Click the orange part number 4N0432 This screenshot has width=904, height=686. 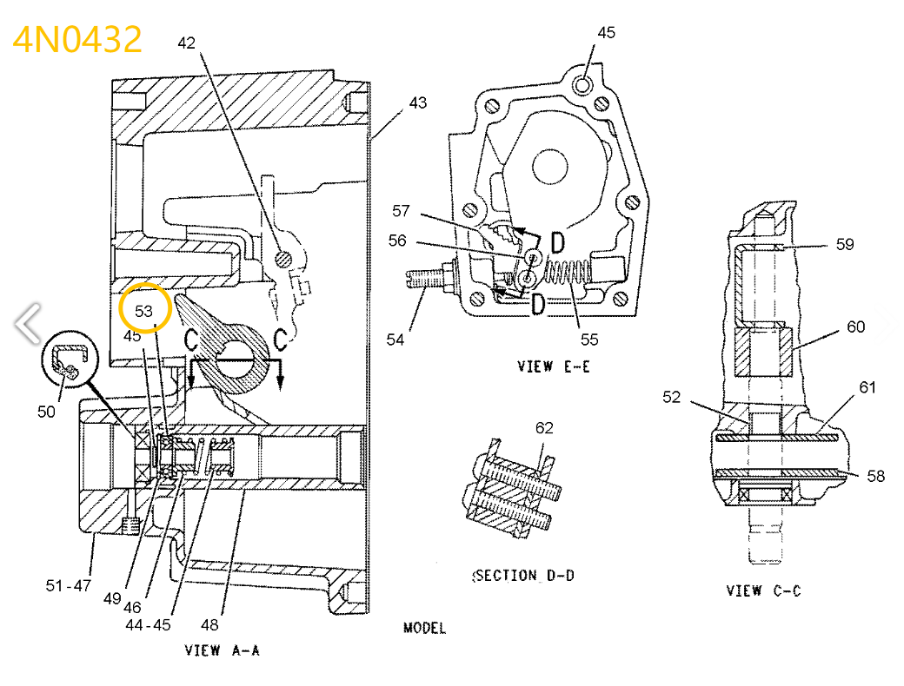click(x=77, y=40)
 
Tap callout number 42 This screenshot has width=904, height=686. click(x=187, y=43)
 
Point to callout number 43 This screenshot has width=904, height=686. click(x=418, y=102)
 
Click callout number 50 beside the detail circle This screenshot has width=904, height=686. click(x=46, y=411)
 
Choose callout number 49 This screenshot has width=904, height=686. click(x=111, y=598)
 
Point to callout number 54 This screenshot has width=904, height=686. click(x=395, y=340)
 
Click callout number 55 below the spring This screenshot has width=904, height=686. click(x=590, y=340)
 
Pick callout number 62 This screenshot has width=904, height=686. click(x=544, y=427)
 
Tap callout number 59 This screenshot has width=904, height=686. click(x=845, y=245)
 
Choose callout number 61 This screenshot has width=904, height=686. click(x=868, y=387)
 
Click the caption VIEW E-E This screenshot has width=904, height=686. click(x=554, y=366)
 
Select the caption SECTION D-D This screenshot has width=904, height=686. click(x=523, y=575)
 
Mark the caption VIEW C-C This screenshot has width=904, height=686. click(x=763, y=590)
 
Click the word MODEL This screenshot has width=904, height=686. click(x=425, y=628)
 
